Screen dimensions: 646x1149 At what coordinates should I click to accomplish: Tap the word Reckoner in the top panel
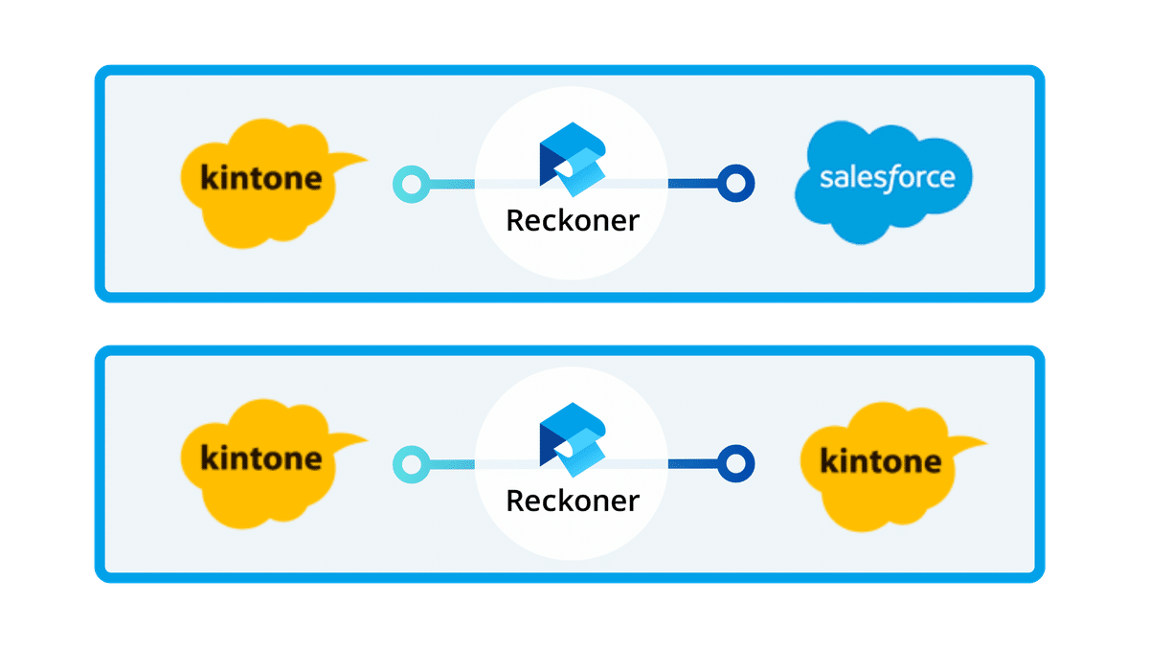572,220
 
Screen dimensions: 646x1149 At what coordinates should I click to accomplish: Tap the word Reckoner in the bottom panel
572,500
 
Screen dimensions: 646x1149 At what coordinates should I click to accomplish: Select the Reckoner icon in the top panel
573,158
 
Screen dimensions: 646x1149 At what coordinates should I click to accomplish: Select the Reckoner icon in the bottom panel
573,438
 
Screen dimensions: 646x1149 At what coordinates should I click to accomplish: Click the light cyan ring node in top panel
412,183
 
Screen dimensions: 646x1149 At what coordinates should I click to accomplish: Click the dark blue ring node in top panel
735,182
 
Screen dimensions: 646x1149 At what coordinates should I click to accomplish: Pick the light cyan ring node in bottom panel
412,464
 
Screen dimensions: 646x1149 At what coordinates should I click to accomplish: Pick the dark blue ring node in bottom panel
735,464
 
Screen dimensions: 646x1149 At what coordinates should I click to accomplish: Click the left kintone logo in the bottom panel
260,462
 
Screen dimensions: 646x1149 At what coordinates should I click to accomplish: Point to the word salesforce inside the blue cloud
888,178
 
